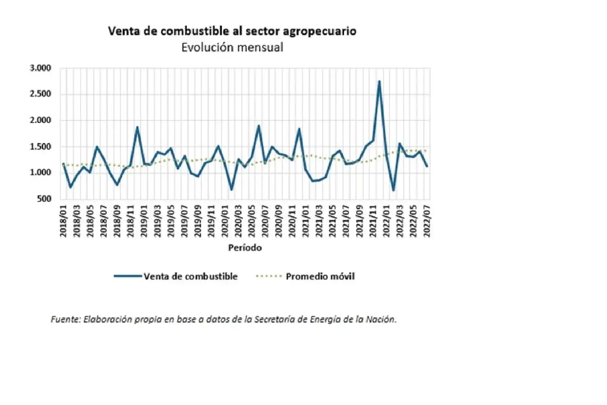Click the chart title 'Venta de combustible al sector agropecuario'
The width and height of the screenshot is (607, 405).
(x=232, y=31)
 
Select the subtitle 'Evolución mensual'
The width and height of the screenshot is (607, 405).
(x=232, y=47)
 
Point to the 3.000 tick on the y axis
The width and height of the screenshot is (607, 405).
(x=40, y=68)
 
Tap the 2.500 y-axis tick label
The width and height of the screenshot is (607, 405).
(x=40, y=94)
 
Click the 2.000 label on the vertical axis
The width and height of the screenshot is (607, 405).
(x=40, y=120)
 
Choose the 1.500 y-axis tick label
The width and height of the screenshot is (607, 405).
(x=40, y=147)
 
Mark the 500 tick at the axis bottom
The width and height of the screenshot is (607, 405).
(x=44, y=199)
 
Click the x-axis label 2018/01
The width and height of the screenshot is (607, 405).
(x=64, y=221)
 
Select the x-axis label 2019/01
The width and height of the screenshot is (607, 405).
(x=144, y=221)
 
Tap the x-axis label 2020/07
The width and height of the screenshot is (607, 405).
(x=265, y=221)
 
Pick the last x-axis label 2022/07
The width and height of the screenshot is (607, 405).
(x=427, y=221)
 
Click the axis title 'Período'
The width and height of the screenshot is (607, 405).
(x=245, y=247)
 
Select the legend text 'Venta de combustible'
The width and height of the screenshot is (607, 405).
(x=191, y=277)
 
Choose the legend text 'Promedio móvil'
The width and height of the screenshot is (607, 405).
(x=320, y=277)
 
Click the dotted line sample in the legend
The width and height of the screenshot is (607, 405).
(x=269, y=277)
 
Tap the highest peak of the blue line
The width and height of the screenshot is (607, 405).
(x=379, y=81)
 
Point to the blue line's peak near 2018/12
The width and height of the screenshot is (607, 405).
(x=137, y=127)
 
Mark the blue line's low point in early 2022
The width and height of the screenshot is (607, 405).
(x=393, y=190)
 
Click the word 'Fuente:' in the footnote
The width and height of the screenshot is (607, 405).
(x=66, y=320)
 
